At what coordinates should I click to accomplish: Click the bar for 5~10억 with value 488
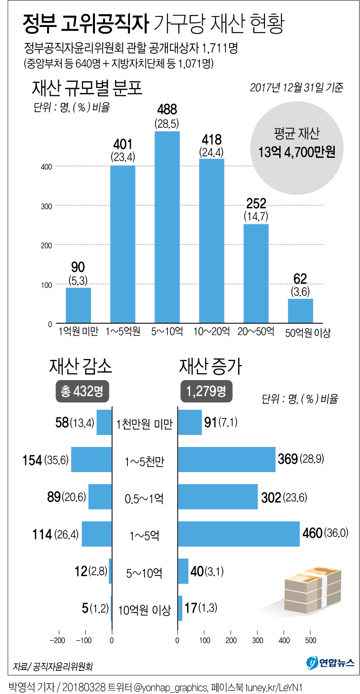pyautogui.click(x=167, y=227)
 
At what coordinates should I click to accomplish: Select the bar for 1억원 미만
pyautogui.click(x=78, y=305)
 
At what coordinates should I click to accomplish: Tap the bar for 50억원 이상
pyautogui.click(x=300, y=311)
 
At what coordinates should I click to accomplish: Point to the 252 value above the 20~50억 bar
pyautogui.click(x=256, y=204)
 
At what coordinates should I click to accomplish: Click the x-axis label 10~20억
pyautogui.click(x=212, y=332)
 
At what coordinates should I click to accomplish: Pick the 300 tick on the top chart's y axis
pyautogui.click(x=46, y=206)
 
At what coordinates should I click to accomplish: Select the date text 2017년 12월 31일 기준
pyautogui.click(x=296, y=87)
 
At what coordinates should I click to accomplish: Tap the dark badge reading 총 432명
pyautogui.click(x=82, y=391)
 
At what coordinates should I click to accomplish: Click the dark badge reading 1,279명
pyautogui.click(x=206, y=391)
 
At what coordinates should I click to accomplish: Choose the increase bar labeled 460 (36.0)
pyautogui.click(x=239, y=534)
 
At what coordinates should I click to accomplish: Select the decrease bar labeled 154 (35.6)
pyautogui.click(x=92, y=460)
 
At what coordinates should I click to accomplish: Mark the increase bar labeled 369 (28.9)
pyautogui.click(x=227, y=460)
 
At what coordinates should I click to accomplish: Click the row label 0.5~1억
pyautogui.click(x=144, y=499)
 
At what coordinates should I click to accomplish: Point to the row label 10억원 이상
pyautogui.click(x=144, y=610)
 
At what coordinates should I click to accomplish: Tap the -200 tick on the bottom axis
pyautogui.click(x=58, y=640)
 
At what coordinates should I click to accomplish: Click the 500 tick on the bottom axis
pyautogui.click(x=310, y=640)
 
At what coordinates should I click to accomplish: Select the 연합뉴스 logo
pyautogui.click(x=330, y=662)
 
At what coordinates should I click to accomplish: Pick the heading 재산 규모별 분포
pyautogui.click(x=87, y=88)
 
